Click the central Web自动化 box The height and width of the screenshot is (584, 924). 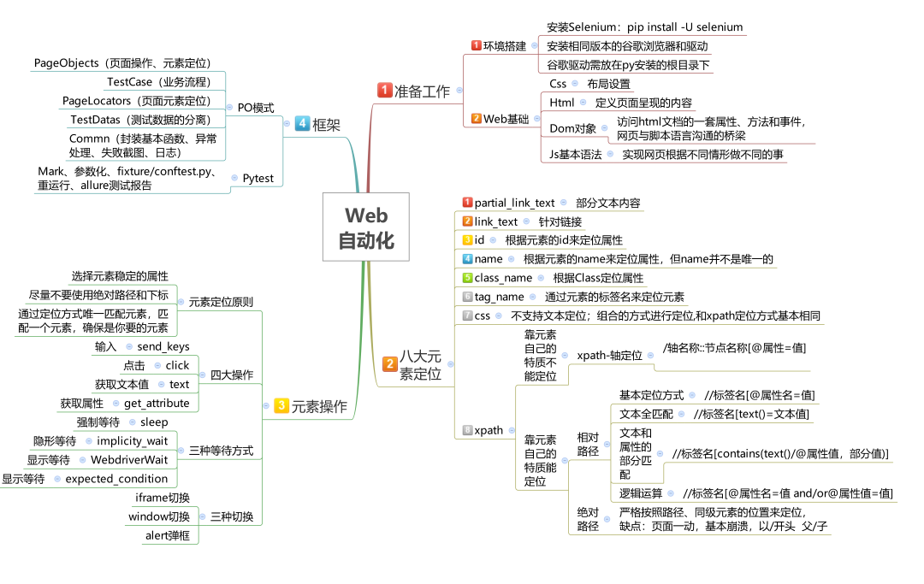366,227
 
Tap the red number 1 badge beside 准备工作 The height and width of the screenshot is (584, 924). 385,90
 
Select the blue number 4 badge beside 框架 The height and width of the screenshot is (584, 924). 302,123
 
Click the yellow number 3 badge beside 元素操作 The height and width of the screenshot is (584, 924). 281,405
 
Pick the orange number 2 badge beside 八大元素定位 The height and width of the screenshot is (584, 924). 389,363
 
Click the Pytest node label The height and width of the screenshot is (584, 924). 258,179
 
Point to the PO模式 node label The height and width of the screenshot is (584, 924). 256,108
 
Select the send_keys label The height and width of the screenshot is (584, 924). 163,347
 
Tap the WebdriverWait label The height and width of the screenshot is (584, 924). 129,460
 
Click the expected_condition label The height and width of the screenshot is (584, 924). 116,479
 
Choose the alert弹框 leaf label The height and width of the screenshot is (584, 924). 168,535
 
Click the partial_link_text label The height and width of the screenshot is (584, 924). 514,204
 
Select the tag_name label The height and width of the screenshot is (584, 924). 499,297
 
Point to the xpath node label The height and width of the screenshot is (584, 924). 489,430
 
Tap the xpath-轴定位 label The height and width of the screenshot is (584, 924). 609,355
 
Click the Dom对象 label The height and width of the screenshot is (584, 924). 572,128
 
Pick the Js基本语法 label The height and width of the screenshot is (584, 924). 575,154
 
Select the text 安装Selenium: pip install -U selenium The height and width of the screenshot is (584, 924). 645,27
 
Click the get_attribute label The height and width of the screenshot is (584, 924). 157,404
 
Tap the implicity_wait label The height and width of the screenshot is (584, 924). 132,441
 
